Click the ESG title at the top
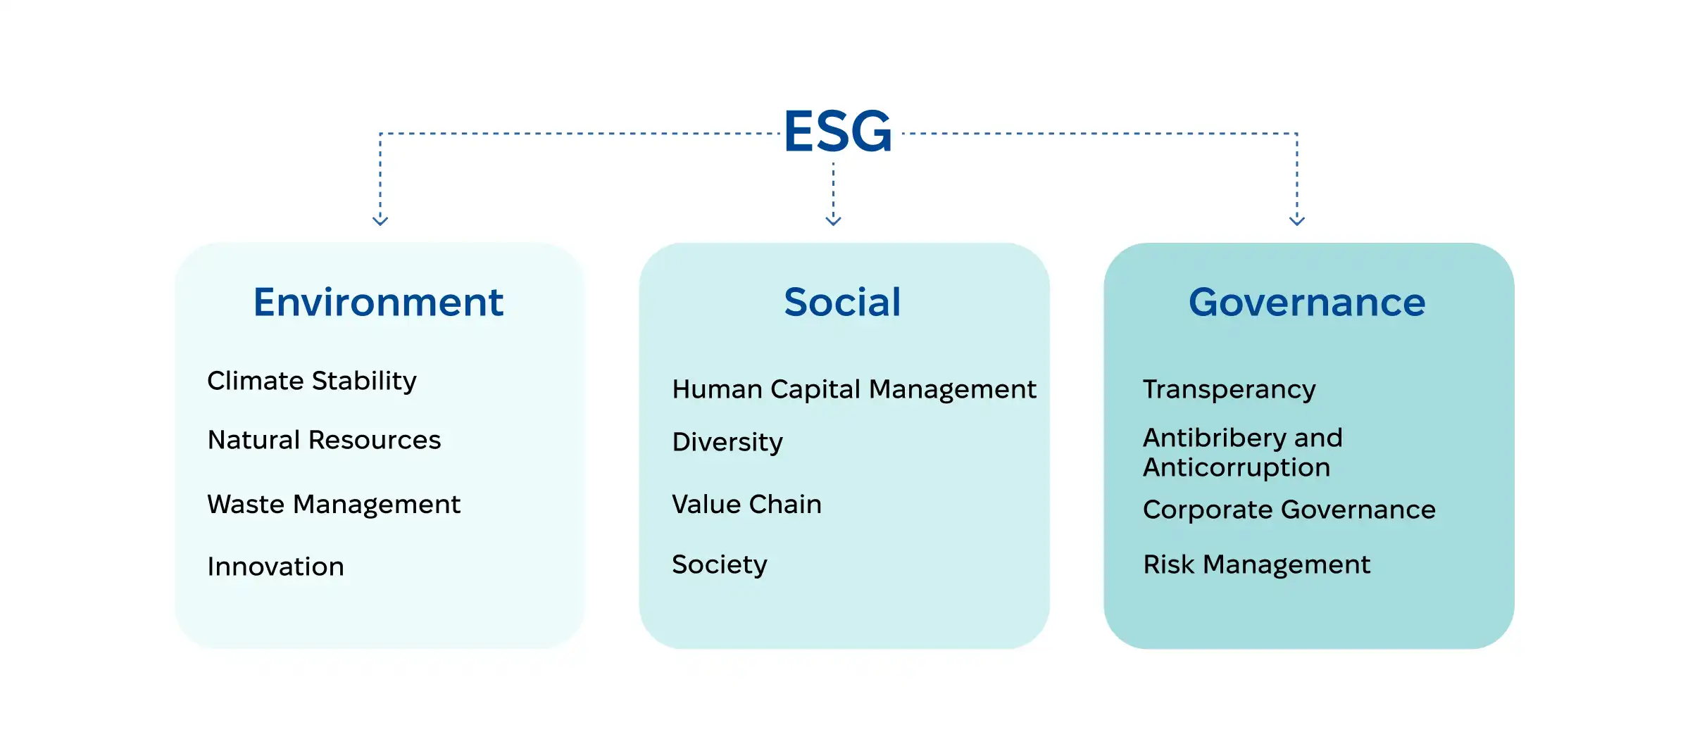coord(838,132)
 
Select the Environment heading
coord(378,303)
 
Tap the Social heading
coord(842,303)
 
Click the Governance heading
coord(1307,303)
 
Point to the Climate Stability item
coord(311,381)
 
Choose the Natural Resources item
coord(324,440)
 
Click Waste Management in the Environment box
coord(334,505)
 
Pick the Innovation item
coord(275,567)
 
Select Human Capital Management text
coord(853,389)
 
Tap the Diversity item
coord(727,442)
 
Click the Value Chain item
coord(746,505)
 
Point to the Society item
coord(719,564)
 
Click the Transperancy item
coord(1229,389)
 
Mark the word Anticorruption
coord(1237,467)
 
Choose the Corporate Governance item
coord(1289,510)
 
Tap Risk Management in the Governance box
coord(1256,564)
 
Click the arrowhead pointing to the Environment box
coord(380,221)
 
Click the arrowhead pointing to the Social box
coord(833,221)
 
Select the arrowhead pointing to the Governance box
coord(1297,221)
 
